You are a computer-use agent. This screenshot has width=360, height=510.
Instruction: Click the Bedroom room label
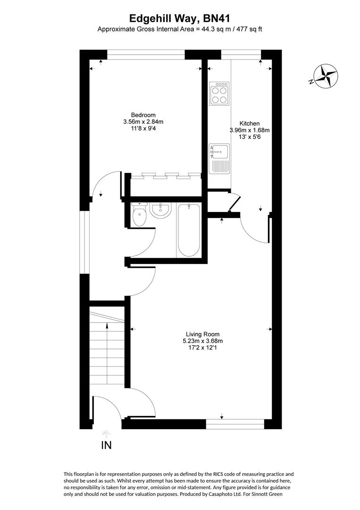click(x=143, y=115)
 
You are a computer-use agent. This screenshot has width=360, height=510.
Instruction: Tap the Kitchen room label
click(x=249, y=124)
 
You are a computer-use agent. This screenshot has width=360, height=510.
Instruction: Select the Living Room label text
click(x=202, y=334)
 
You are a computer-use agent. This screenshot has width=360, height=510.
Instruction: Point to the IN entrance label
click(x=107, y=445)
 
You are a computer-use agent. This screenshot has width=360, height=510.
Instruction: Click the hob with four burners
click(x=219, y=93)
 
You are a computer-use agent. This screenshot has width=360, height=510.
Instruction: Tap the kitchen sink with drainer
click(x=219, y=158)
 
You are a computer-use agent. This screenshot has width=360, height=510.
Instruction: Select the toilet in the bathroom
click(x=140, y=215)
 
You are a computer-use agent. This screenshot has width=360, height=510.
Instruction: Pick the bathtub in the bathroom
click(x=189, y=229)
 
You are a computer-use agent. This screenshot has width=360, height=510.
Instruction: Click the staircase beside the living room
click(x=107, y=349)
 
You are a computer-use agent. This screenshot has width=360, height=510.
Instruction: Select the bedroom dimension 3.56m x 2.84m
click(x=143, y=122)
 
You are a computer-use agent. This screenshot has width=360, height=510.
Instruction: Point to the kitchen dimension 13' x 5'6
click(x=249, y=137)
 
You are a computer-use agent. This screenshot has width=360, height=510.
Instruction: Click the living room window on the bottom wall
click(x=234, y=425)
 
